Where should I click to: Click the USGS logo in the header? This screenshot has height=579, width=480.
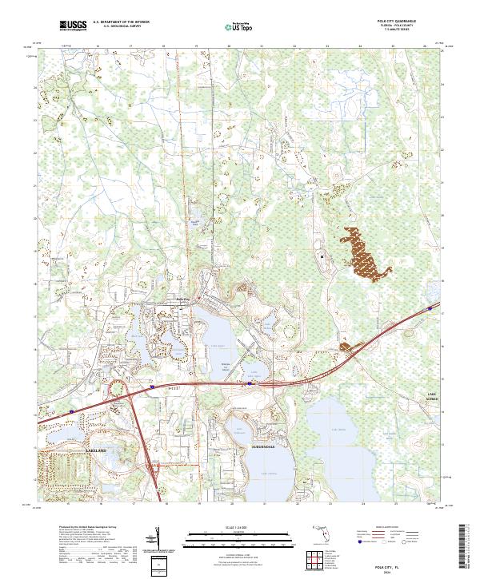tap(72, 26)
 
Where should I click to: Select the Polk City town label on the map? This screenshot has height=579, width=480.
tap(183, 299)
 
